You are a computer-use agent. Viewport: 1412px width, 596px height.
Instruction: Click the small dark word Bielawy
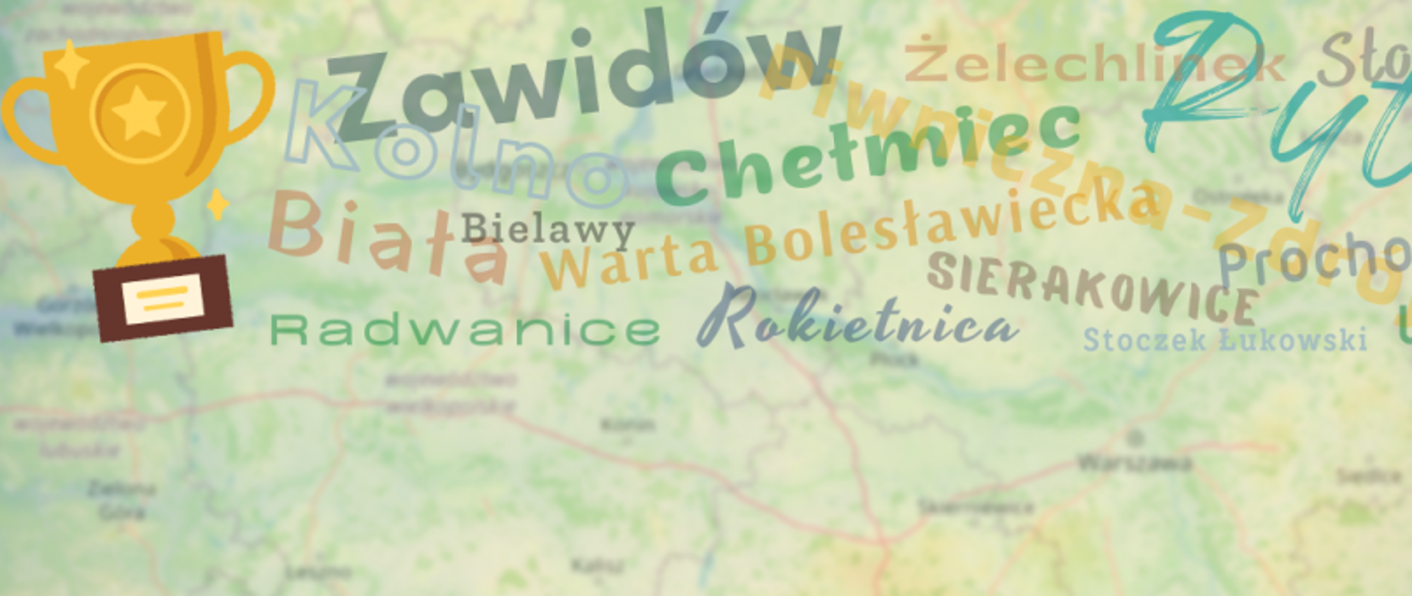click(548, 230)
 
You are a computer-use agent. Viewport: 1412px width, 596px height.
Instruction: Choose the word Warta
click(630, 261)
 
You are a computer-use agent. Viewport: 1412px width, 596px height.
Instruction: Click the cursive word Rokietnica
click(857, 320)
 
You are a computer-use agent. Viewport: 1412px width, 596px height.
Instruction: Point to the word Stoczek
click(1144, 340)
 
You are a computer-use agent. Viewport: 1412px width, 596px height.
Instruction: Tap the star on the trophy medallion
click(139, 113)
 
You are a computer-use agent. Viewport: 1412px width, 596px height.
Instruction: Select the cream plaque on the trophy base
click(163, 298)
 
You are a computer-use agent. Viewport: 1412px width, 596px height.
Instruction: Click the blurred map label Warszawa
click(1133, 463)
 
